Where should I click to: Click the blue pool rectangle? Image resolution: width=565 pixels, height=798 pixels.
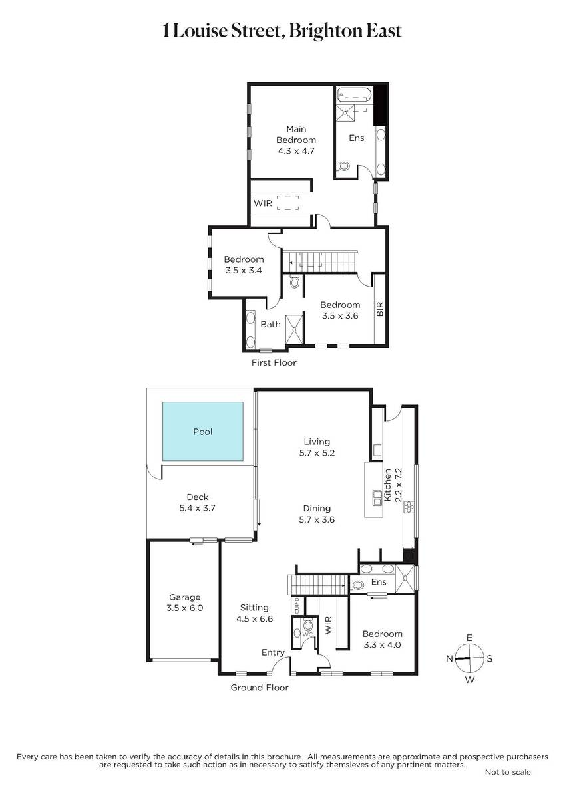coord(203,432)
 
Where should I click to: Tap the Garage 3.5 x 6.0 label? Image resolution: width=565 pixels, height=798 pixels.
coord(184,602)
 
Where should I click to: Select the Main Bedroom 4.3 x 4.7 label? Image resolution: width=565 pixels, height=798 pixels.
coord(296,140)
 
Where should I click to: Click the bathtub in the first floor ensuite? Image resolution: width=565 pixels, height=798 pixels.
coord(355,96)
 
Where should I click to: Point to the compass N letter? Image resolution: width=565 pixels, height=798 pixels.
coord(449,658)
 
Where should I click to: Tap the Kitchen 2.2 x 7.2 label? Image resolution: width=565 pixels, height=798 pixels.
coord(393,485)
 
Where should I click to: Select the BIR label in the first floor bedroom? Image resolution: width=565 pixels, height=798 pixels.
coord(379,309)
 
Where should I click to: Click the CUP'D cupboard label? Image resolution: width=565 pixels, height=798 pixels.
coord(298,606)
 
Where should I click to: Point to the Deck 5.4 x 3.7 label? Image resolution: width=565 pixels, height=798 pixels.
coord(198,502)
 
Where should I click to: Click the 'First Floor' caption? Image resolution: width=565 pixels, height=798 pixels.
coord(274,362)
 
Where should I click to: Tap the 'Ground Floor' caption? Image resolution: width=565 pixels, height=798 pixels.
coord(260,687)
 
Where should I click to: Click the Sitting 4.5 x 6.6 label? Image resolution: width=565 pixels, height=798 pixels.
coord(254,613)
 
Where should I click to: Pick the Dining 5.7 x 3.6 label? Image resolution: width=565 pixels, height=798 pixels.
coord(317,513)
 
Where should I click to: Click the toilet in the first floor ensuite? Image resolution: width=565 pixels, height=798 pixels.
coord(343,166)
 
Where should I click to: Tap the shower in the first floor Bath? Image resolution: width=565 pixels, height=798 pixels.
coord(294,329)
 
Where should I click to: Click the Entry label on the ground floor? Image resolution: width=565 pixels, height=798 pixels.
coord(273,652)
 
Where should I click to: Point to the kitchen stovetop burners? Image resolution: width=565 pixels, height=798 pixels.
coord(409,507)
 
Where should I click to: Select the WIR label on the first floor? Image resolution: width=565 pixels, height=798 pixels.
coord(263,203)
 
